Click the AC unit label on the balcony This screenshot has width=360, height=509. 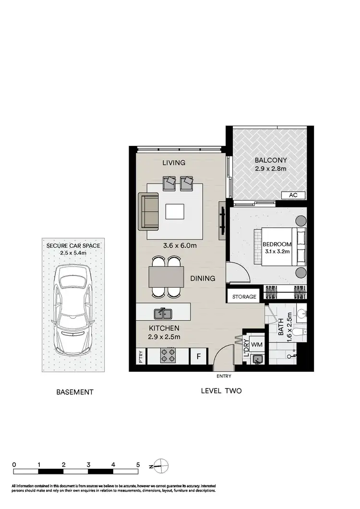tap(294, 195)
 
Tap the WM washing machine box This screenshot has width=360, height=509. tap(256, 344)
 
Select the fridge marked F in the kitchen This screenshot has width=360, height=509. tap(198, 356)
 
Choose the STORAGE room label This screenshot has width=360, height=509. tap(244, 297)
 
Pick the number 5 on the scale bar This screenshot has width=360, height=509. tap(138, 465)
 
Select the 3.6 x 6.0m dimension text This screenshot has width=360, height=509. tap(180, 246)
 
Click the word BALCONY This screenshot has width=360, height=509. tap(271, 160)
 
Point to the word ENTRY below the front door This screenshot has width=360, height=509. tap(224, 376)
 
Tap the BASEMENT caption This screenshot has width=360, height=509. tap(75, 392)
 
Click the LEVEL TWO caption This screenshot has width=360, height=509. tap(221, 391)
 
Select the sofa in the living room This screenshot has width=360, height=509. tap(148, 211)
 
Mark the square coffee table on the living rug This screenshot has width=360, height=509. tap(175, 211)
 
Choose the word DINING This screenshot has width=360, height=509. tap(202, 278)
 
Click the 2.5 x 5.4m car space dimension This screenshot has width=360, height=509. tap(73, 253)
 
